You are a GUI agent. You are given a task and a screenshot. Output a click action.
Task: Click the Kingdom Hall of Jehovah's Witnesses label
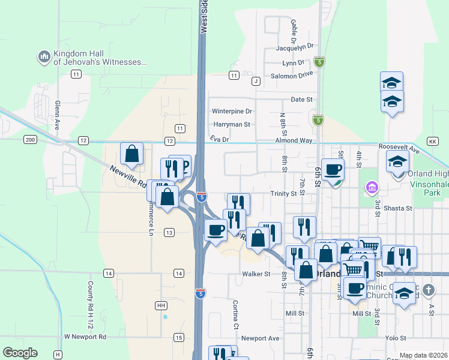tap(100, 57)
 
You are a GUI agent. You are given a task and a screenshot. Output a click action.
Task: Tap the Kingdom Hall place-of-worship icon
tap(43, 57)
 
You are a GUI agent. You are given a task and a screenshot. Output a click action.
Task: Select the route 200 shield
tap(30, 139)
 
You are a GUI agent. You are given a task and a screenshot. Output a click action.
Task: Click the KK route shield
tap(433, 140)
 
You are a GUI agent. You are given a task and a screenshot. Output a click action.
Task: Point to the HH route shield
tap(161, 305)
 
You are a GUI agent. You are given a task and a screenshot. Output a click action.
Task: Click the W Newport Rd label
tap(85, 337)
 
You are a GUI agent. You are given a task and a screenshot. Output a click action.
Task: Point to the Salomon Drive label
tap(292, 76)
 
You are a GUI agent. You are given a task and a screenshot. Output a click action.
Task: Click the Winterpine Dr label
tap(232, 111)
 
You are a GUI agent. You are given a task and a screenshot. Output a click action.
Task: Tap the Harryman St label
tap(231, 124)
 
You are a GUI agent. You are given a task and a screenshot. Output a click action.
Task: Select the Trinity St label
tap(283, 193)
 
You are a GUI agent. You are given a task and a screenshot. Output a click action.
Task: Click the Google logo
tap(20, 353)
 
